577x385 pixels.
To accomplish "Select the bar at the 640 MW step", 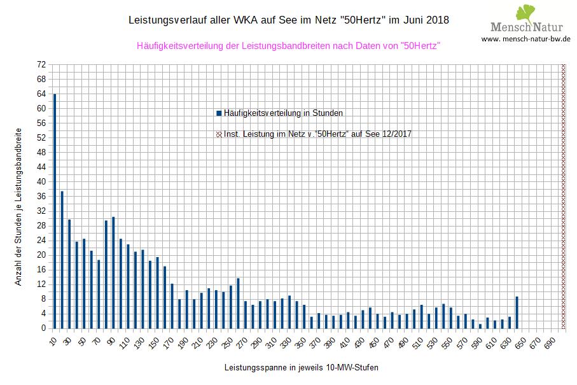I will point(517,312).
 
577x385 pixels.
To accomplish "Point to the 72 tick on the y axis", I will point(42,65).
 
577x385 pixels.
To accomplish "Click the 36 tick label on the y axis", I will point(42,197).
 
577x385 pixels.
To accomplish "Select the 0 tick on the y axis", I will point(44,328).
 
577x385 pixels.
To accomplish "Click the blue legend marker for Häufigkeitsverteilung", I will point(219,113).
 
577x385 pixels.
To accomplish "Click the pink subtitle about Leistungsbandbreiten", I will point(289,46).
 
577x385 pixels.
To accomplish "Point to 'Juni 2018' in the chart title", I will point(426,20).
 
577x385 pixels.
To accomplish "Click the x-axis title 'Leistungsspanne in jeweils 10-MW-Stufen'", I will point(296,368).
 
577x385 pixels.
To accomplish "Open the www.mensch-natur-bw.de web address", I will point(525,39).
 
